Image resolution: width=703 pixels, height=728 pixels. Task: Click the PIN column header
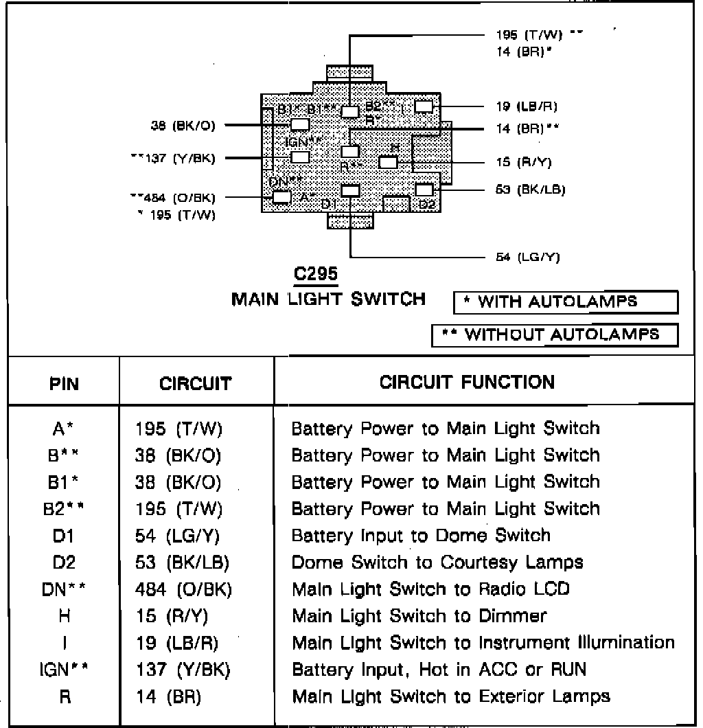[65, 383]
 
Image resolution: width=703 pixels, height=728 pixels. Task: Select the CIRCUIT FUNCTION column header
[467, 382]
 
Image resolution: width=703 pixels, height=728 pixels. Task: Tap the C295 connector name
[315, 273]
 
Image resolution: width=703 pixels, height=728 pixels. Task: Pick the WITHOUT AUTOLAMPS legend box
[555, 334]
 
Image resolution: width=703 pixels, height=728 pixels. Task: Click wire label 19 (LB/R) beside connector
[526, 106]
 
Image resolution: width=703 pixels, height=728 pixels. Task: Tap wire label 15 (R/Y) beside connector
[523, 162]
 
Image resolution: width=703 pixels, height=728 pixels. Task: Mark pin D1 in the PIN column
[64, 535]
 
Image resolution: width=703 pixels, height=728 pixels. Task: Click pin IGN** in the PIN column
[64, 669]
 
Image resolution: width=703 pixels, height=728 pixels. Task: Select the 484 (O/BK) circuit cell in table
[183, 589]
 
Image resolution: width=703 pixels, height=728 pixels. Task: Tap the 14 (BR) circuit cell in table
[168, 696]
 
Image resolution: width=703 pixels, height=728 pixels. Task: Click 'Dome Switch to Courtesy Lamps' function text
[437, 562]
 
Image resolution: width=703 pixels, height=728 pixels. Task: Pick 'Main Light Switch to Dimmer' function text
[419, 615]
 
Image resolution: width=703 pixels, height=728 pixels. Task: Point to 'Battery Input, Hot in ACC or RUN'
[439, 669]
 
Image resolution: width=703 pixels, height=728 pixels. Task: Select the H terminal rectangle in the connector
[388, 162]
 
